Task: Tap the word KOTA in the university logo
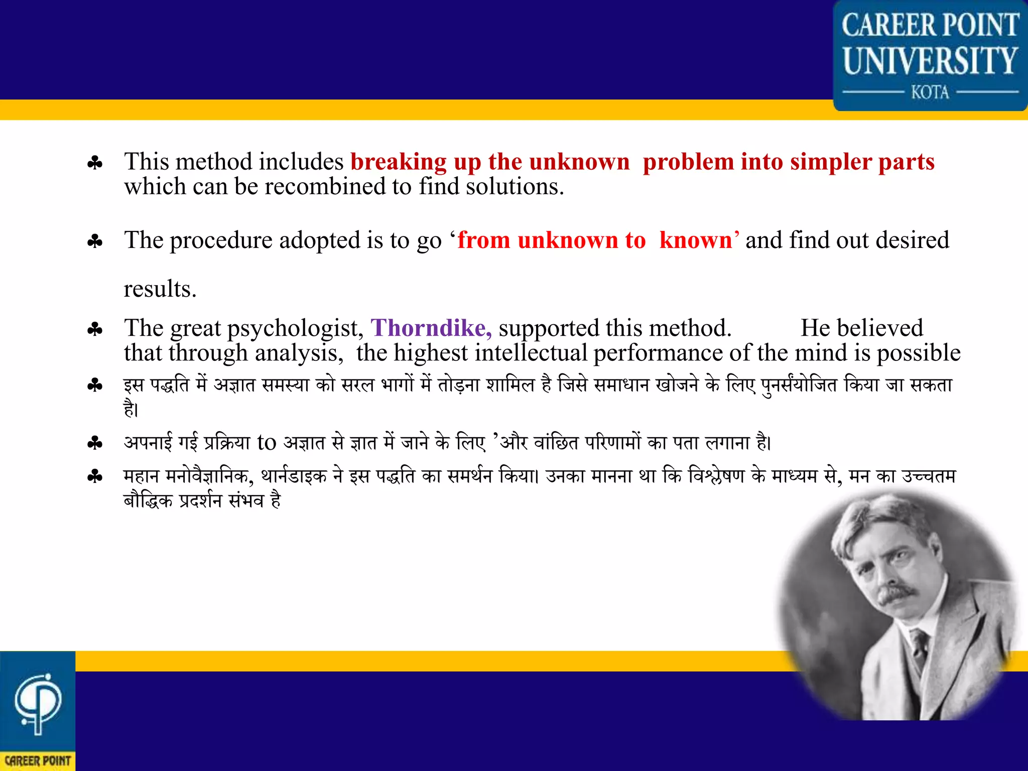(x=930, y=93)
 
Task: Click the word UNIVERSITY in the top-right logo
(x=930, y=61)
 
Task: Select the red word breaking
(x=398, y=162)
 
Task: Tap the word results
(x=160, y=289)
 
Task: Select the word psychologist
(x=295, y=329)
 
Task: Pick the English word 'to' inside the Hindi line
(x=267, y=442)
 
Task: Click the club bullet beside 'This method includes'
(x=95, y=163)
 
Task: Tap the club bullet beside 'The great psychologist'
(x=95, y=330)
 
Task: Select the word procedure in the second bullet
(x=221, y=240)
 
